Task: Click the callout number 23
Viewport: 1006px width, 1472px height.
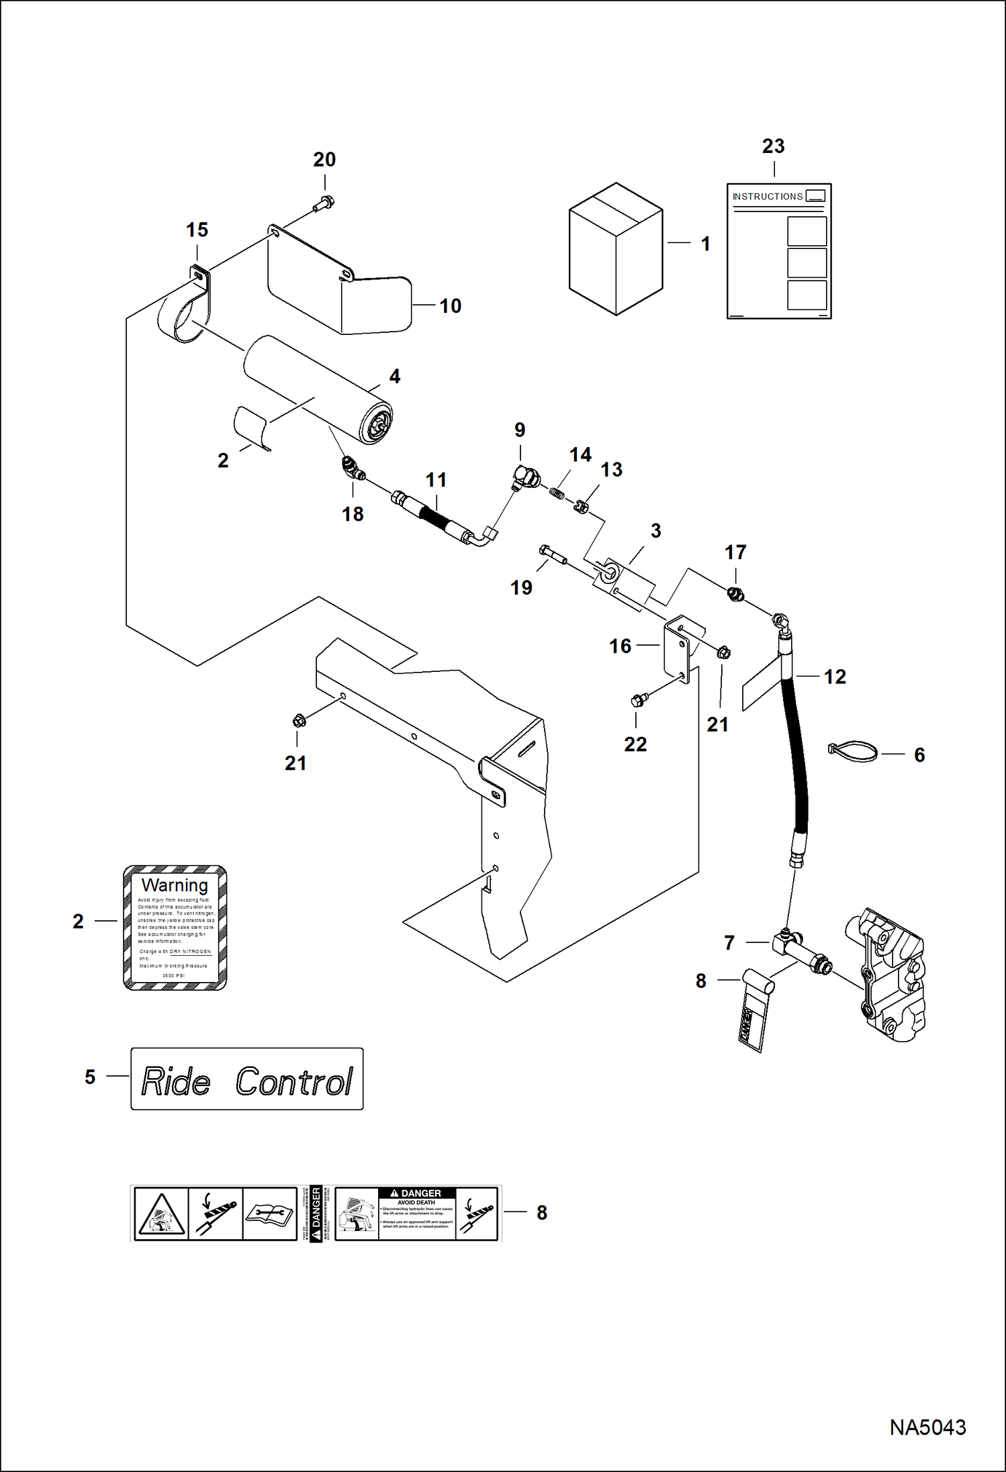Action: click(x=773, y=146)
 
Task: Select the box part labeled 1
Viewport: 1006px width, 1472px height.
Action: click(x=615, y=249)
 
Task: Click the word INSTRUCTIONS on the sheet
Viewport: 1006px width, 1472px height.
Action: click(x=767, y=197)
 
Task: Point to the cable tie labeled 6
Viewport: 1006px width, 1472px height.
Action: click(x=853, y=751)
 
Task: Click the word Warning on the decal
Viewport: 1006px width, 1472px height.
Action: click(x=175, y=885)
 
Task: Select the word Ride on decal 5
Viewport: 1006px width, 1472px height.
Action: click(x=176, y=1081)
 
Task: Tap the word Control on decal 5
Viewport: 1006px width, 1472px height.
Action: click(x=293, y=1081)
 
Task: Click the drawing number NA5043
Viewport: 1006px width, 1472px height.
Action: click(x=927, y=1427)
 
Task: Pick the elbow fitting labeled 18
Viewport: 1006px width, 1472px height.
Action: click(x=352, y=467)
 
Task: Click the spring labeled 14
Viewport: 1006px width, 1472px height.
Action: click(x=557, y=493)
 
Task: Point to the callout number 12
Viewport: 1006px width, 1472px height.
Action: click(x=835, y=677)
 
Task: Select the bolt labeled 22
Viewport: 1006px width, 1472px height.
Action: click(x=639, y=700)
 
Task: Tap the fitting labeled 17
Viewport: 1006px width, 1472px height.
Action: click(x=735, y=593)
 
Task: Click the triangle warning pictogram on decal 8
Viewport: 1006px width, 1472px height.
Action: click(x=161, y=1213)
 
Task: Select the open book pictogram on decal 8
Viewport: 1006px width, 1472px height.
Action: click(x=269, y=1213)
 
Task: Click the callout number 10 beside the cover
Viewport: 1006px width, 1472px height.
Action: click(x=450, y=306)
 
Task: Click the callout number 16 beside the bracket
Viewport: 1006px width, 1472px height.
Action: click(x=620, y=646)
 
